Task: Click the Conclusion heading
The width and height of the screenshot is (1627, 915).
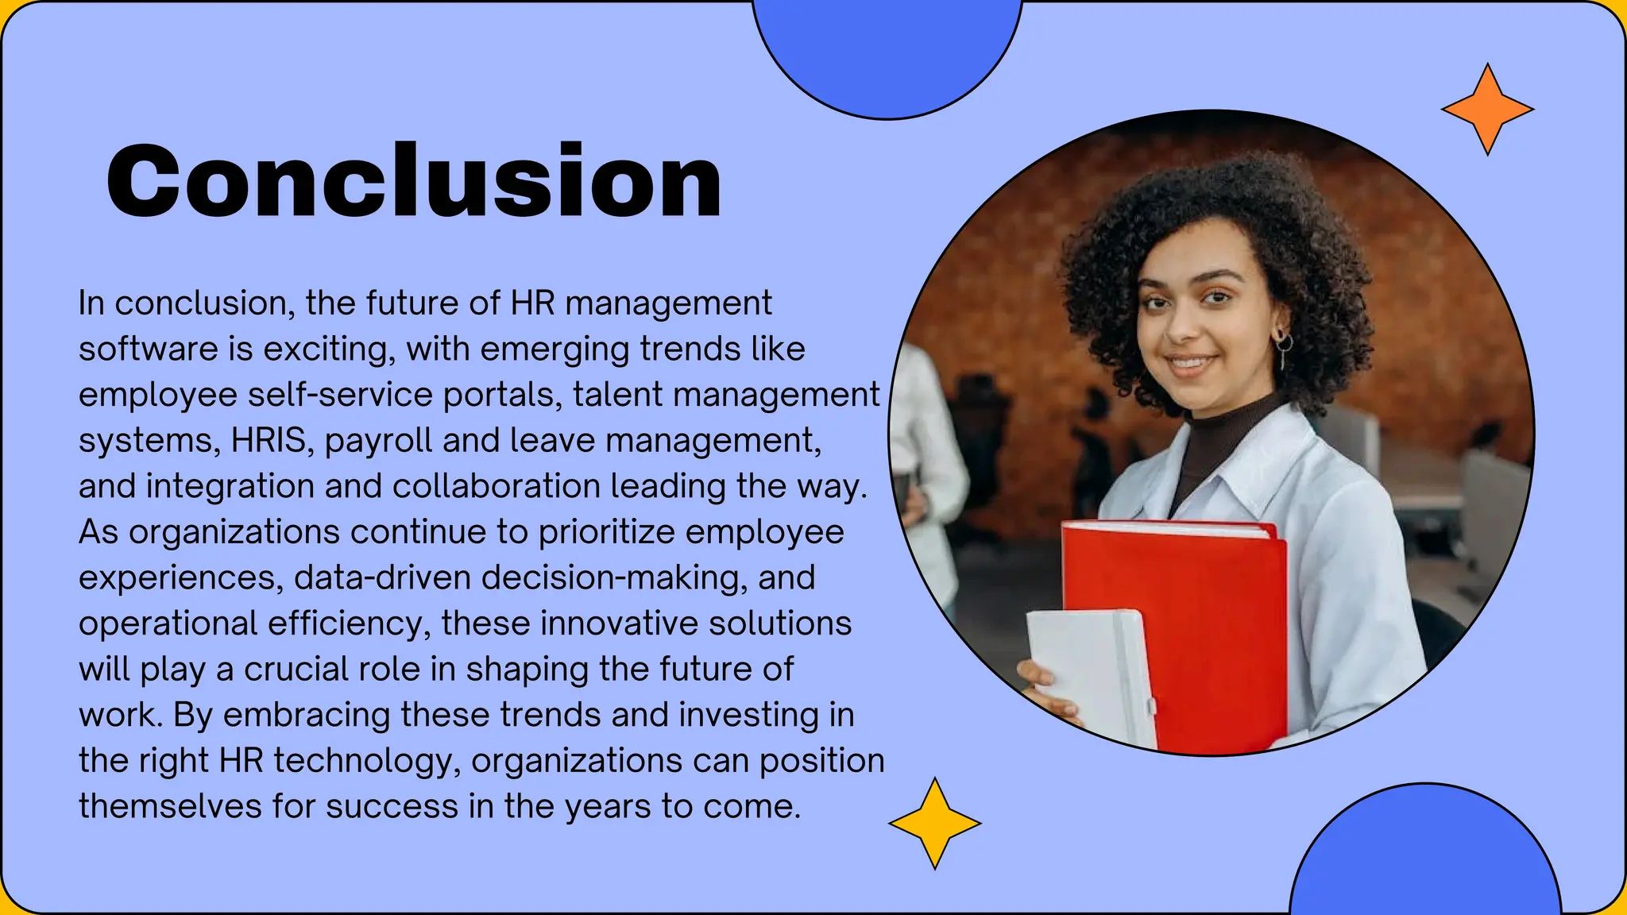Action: [414, 181]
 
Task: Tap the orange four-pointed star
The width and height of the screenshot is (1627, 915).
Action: [1487, 110]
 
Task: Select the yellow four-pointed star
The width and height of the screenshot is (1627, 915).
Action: [934, 824]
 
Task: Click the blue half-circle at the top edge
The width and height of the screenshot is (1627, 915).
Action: [887, 56]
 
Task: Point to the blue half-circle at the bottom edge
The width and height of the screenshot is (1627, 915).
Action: [1425, 858]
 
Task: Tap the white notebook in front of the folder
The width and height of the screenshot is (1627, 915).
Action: [1088, 675]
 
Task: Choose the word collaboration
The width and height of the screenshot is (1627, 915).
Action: [496, 486]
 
